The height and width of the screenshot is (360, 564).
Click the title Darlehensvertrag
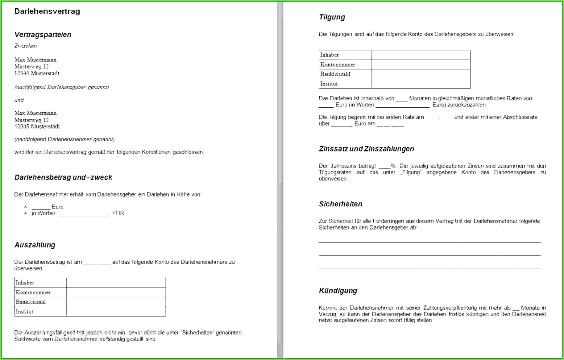pos(47,12)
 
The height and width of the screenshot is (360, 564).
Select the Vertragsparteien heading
pos(43,35)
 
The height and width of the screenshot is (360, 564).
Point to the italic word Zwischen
pos(26,46)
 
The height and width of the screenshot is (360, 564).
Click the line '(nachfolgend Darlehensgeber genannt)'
pos(62,87)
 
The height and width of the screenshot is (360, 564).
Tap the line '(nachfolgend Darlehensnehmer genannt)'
pos(64,139)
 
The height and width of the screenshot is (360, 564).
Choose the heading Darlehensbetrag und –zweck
pos(63,178)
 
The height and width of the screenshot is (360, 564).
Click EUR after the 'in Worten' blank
pos(118,213)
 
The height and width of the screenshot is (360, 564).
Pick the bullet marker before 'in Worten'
pos(26,213)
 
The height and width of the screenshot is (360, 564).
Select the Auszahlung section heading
pos(35,245)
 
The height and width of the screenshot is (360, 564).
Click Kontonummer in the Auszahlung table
pos(33,292)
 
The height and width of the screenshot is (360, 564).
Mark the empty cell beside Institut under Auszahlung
pos(116,312)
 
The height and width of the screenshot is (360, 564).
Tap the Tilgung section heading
pos(332,17)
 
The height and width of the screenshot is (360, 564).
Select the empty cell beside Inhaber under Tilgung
pos(420,55)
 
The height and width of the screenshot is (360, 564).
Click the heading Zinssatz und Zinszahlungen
pos(366,149)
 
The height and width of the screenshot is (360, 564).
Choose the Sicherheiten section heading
pos(341,204)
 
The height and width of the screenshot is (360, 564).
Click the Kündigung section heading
pos(338,291)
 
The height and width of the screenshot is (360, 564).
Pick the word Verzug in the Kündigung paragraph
pos(327,314)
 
